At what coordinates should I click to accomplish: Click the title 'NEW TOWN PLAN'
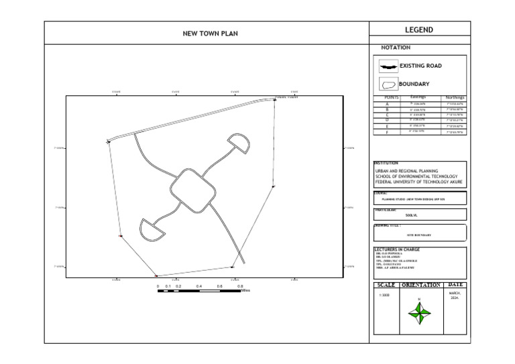pyautogui.click(x=211, y=34)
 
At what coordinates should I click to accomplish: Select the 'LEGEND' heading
pyautogui.click(x=418, y=30)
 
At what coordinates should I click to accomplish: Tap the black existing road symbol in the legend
pyautogui.click(x=388, y=67)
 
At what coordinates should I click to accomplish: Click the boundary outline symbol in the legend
pyautogui.click(x=388, y=85)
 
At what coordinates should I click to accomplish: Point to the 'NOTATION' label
pyautogui.click(x=396, y=48)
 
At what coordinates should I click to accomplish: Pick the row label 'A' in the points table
pyautogui.click(x=387, y=105)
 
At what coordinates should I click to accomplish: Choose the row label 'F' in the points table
pyautogui.click(x=387, y=132)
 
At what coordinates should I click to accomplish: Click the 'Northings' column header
pyautogui.click(x=455, y=98)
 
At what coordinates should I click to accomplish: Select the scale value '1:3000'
pyautogui.click(x=384, y=295)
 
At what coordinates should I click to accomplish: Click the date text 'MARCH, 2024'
pyautogui.click(x=455, y=296)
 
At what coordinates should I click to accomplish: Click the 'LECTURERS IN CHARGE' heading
pyautogui.click(x=398, y=249)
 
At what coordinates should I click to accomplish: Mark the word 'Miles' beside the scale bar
pyautogui.click(x=246, y=291)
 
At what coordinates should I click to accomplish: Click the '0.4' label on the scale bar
pyautogui.click(x=199, y=286)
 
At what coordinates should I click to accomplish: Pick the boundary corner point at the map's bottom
pyautogui.click(x=156, y=276)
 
